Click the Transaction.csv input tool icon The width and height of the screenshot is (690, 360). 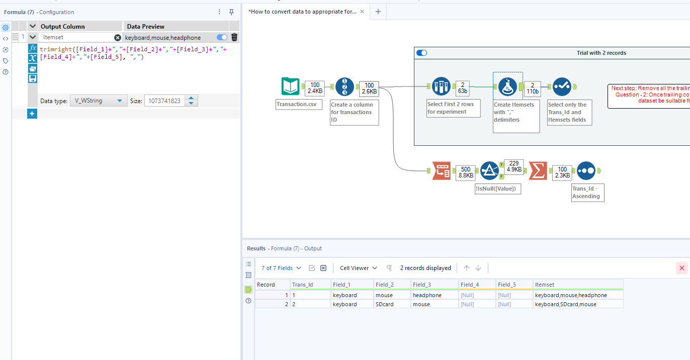290,86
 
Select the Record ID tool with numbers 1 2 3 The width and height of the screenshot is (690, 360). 344,86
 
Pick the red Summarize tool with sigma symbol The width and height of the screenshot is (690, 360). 538,170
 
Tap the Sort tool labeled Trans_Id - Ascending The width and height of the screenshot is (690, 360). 586,170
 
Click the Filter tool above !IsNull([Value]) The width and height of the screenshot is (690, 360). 489,170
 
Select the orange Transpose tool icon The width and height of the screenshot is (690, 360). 441,170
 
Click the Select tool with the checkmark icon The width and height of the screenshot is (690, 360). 562,86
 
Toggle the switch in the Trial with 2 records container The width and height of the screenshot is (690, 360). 422,53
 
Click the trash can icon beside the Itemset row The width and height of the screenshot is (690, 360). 234,37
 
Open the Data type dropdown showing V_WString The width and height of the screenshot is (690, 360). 98,101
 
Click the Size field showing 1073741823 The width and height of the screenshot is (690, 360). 164,101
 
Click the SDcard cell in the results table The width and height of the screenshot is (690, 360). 385,304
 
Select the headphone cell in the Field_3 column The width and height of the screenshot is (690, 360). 427,295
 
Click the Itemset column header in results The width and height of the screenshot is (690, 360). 545,285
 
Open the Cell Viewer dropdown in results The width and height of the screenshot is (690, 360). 358,268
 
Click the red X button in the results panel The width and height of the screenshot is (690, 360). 681,268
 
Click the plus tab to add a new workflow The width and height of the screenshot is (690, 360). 378,12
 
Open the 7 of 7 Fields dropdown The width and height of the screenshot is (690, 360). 281,268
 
